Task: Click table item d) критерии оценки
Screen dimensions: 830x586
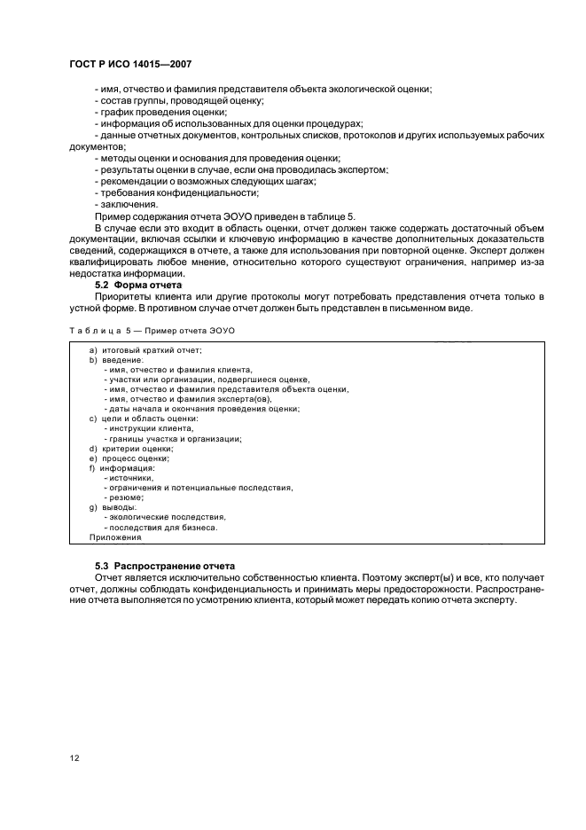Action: (130, 449)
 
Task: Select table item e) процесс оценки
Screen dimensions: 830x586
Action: (129, 458)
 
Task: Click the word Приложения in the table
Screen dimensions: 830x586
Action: (115, 537)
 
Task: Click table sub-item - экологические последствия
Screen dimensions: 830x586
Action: (164, 517)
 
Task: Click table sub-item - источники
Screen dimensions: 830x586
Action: (129, 478)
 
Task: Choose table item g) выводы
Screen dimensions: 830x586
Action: (110, 507)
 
